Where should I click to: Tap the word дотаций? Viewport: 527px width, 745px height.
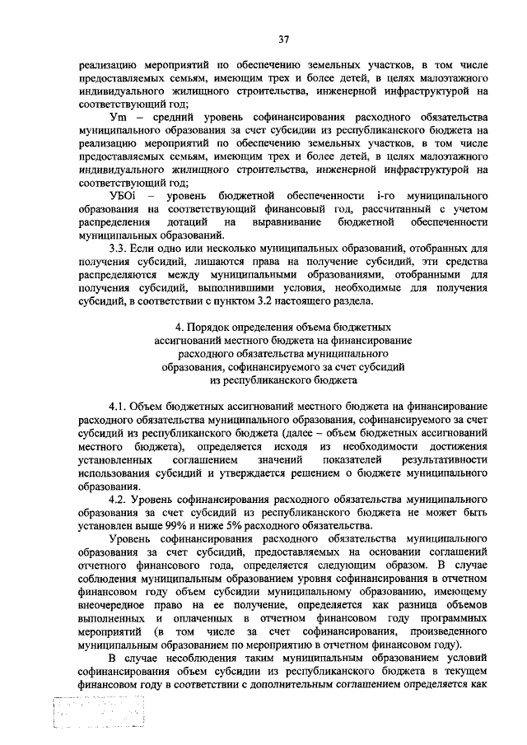coord(192,222)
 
